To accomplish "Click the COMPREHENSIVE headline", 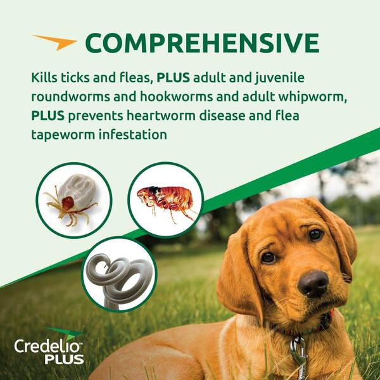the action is [202, 42].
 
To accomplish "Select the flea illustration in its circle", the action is [165, 201].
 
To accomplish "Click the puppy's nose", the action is [313, 284].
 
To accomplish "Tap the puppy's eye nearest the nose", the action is [269, 258].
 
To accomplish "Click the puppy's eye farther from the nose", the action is [315, 234].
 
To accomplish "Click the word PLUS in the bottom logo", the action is [65, 359].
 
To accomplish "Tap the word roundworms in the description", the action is [70, 97].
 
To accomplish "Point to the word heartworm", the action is [161, 116].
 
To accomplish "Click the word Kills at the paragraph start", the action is [44, 77].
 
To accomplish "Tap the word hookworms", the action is [176, 97].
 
